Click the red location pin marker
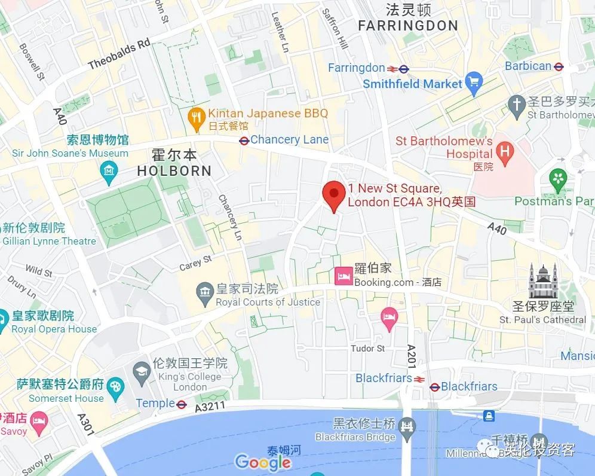333,194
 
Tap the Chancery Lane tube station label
289,140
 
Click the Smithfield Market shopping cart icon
474,83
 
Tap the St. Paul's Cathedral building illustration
542,281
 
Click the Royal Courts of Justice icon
204,292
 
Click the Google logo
263,462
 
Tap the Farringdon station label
357,68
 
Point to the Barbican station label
528,66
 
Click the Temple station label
155,404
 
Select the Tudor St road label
367,348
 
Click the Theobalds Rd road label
119,55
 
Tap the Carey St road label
195,263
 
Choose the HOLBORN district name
174,171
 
